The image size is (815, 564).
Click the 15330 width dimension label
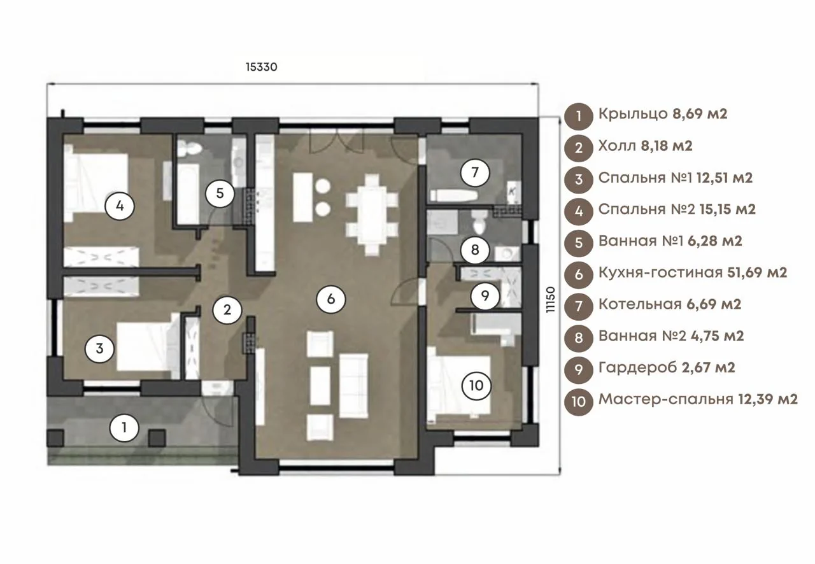pos(261,67)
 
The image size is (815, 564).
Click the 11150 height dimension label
pos(551,299)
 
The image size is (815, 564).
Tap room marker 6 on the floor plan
pos(330,299)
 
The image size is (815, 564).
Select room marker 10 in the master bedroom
pos(476,386)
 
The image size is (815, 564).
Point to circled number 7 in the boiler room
pos(475,173)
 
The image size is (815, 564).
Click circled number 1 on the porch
pos(124,427)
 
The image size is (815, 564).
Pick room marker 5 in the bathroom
pos(220,194)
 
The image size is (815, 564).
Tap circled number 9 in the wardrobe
pos(485,296)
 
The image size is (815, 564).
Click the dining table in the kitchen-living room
pos(371,215)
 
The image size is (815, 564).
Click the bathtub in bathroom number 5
pos(188,193)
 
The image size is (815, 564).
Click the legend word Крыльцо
pos(633,115)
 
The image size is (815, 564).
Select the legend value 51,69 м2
pos(757,272)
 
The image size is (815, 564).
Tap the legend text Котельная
pos(640,304)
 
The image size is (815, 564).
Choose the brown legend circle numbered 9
pos(579,370)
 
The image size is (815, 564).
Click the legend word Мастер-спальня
pos(666,400)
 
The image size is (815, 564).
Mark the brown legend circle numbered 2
pos(579,148)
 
